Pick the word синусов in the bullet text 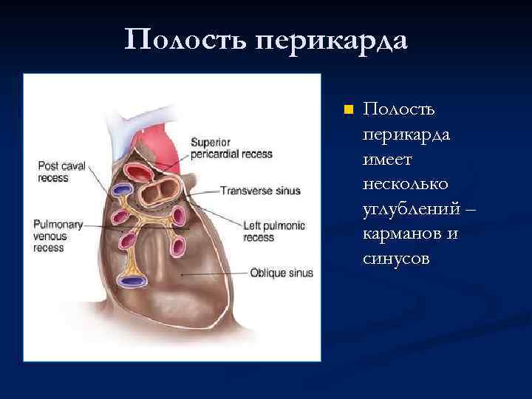tap(396, 258)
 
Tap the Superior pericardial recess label tap(231, 149)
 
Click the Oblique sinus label tap(282, 273)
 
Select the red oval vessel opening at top tap(139, 173)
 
